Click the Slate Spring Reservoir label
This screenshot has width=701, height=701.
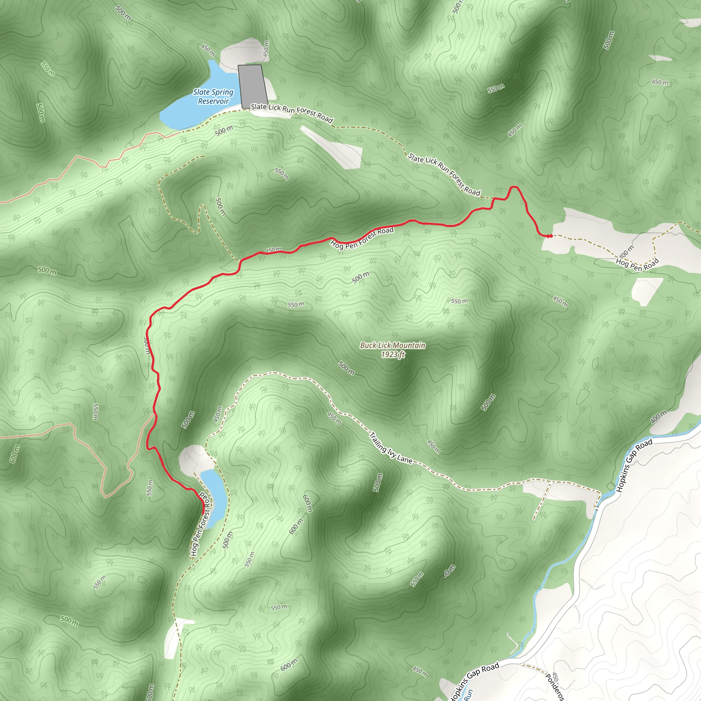213,97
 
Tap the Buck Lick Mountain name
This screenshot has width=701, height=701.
392,345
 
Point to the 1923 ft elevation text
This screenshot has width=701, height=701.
392,355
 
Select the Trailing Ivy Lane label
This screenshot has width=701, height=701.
391,447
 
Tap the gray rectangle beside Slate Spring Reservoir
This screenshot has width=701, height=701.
253,86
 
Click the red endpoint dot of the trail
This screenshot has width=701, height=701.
550,236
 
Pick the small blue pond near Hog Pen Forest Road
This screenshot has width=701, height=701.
215,497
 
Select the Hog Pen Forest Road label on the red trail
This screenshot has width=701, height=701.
362,238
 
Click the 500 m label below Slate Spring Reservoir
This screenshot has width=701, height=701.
224,131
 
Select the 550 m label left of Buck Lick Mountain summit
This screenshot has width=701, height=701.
296,304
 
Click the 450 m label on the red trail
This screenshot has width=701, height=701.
273,250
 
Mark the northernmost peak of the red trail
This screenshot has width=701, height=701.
514,187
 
